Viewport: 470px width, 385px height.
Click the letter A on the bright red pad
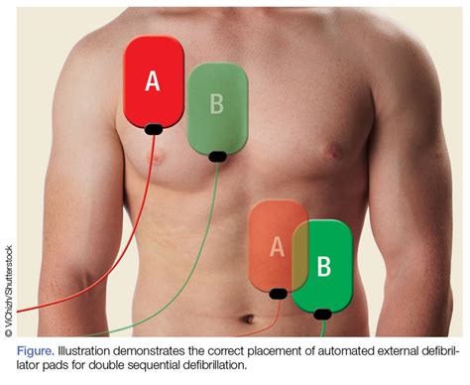click(x=153, y=81)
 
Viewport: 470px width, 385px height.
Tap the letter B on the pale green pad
click(x=217, y=103)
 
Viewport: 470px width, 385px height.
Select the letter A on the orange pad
click(x=277, y=247)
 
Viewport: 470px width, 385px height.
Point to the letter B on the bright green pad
click(x=324, y=266)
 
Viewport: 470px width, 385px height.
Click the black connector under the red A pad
click(x=154, y=129)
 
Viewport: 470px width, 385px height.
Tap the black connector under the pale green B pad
click(x=218, y=157)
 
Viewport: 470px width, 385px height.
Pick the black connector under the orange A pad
click(x=279, y=294)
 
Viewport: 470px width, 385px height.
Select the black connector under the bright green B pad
click(x=322, y=315)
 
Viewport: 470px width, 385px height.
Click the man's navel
click(x=248, y=320)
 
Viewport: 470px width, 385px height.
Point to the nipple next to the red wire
click(x=159, y=158)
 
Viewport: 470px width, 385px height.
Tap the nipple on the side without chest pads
click(x=334, y=152)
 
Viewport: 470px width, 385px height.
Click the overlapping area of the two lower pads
click(x=300, y=256)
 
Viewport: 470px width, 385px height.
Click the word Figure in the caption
click(x=36, y=351)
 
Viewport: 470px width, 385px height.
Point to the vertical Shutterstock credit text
click(x=9, y=291)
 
